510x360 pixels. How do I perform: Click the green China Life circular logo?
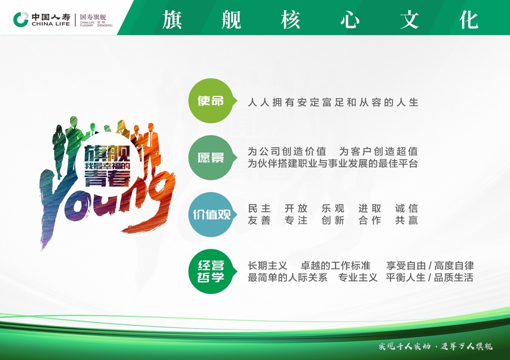click(x=21, y=19)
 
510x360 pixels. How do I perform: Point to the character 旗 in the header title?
click(x=172, y=19)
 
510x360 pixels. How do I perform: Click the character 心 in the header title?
click(x=350, y=19)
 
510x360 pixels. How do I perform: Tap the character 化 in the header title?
click(x=469, y=19)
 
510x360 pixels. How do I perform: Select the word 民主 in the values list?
click(x=259, y=208)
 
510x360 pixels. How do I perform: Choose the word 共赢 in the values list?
click(x=406, y=220)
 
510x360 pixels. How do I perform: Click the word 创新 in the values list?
click(x=333, y=220)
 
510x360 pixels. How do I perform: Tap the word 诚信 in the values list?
click(x=406, y=208)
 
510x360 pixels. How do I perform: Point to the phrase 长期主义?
click(x=267, y=265)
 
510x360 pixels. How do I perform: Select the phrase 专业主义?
click(x=358, y=277)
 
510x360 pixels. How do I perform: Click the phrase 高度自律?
click(x=454, y=265)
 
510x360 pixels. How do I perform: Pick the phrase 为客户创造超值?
click(x=379, y=151)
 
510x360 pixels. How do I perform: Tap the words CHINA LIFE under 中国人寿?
click(x=51, y=24)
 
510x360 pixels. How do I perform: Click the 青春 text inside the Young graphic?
click(x=107, y=179)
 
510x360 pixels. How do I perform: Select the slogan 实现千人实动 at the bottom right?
click(x=405, y=346)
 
